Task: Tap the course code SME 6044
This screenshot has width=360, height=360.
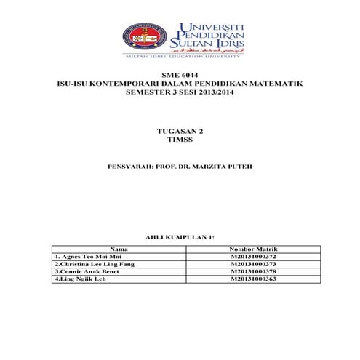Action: [180, 76]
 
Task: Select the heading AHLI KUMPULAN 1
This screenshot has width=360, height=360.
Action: [180, 237]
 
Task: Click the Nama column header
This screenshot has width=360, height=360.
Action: [119, 249]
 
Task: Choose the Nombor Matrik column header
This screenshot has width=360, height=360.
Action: [252, 249]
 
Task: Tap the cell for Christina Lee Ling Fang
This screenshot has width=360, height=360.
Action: [94, 264]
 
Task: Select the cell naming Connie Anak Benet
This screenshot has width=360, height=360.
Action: [84, 271]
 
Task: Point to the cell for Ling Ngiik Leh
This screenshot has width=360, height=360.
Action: [77, 279]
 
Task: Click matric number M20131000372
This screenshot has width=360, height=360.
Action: [252, 257]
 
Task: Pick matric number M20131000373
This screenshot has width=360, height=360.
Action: [252, 264]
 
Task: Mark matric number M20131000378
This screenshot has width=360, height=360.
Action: [252, 271]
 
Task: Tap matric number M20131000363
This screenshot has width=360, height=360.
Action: [252, 279]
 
